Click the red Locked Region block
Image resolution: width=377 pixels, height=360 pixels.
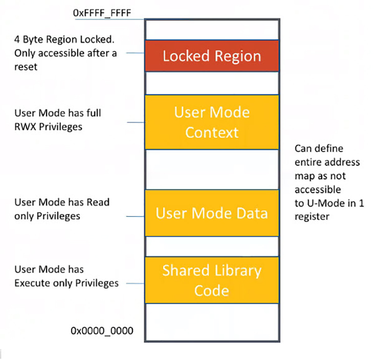tap(212, 56)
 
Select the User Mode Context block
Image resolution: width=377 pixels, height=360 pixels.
tap(212, 122)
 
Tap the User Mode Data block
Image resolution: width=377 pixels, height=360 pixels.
tap(212, 213)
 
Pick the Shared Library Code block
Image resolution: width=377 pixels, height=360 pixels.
tap(212, 280)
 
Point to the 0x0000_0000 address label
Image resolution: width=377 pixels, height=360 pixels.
tap(102, 330)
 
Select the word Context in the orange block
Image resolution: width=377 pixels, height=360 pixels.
tap(212, 132)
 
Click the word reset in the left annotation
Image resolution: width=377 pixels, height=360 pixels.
tap(26, 66)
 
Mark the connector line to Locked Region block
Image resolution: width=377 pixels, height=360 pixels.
tap(136, 53)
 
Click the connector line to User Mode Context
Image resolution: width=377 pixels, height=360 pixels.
tap(136, 122)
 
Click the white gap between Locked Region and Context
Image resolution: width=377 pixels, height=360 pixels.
tap(212, 83)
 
